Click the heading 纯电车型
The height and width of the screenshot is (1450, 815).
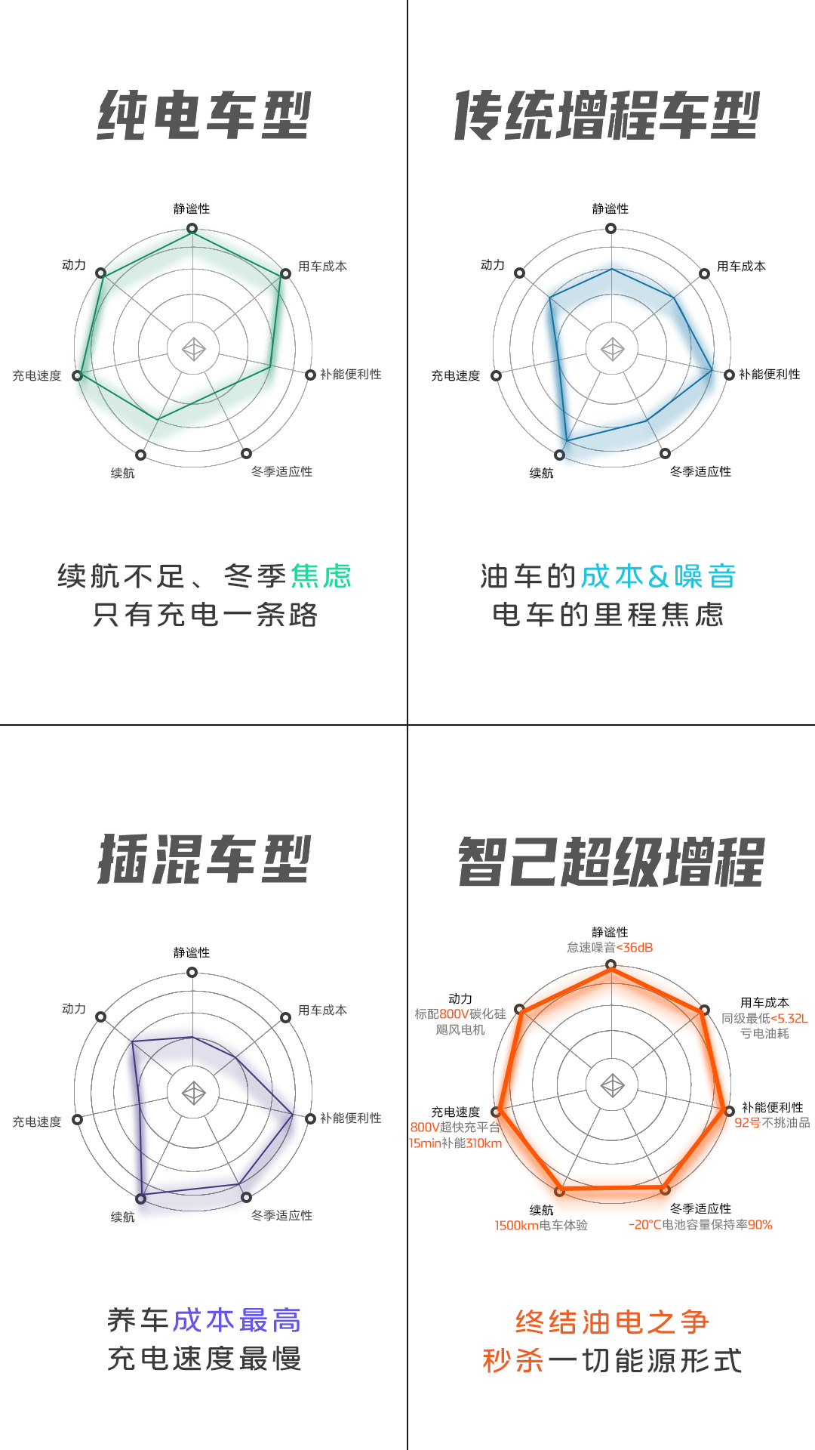tap(204, 115)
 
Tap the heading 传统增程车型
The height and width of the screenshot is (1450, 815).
tap(607, 115)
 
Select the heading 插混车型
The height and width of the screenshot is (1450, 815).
tap(204, 859)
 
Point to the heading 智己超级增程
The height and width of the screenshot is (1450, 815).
tap(611, 861)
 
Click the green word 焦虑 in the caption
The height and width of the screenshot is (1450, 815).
tap(321, 576)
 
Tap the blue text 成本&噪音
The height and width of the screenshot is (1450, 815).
tap(658, 576)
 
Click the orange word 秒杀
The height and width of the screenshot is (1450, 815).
tap(513, 1361)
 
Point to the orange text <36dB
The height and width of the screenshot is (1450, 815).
tap(635, 948)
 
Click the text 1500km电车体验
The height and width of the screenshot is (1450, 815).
tap(541, 1226)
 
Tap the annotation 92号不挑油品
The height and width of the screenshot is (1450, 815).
tap(772, 1123)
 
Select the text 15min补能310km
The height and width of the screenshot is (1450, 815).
tap(455, 1143)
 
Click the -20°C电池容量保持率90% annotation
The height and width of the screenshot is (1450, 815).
tap(700, 1225)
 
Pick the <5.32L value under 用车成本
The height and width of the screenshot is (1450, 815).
tap(789, 1019)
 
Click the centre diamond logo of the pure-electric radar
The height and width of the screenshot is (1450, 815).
tap(194, 349)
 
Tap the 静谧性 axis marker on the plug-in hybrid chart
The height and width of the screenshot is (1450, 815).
tap(192, 973)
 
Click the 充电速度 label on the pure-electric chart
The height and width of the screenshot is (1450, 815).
tap(37, 376)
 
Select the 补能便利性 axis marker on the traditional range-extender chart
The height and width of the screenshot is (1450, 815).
tap(729, 375)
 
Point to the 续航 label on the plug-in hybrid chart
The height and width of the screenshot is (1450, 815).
tap(123, 1217)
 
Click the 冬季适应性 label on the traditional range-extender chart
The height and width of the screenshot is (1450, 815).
tap(700, 472)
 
